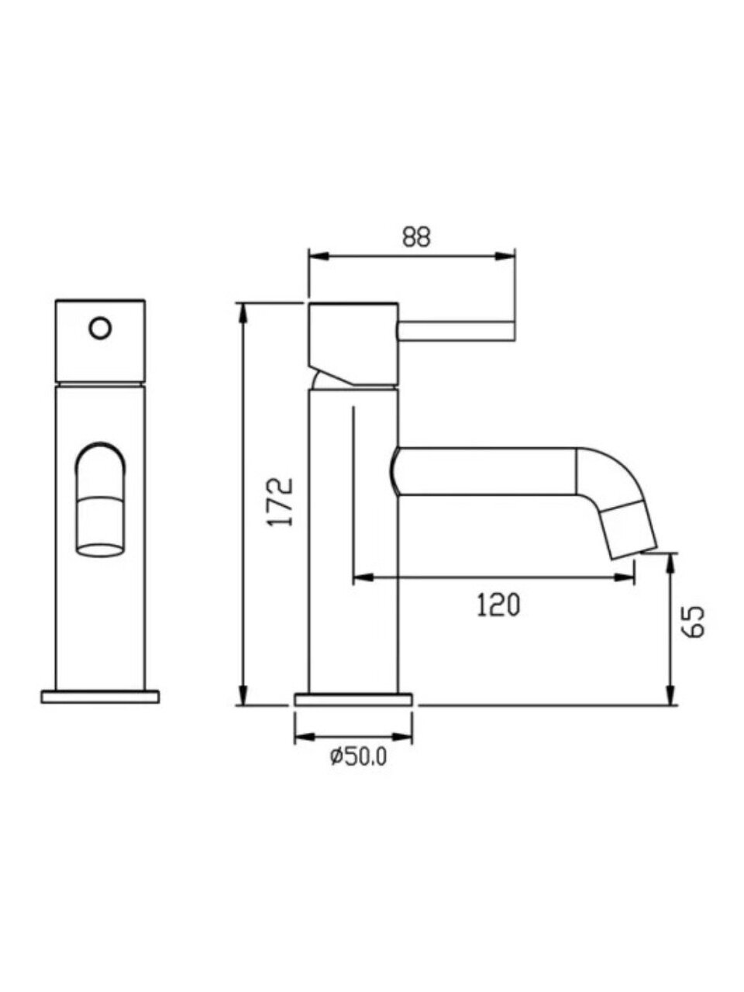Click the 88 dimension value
tap(416, 237)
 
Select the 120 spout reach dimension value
tap(498, 605)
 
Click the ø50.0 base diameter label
tap(359, 756)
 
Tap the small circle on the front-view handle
tap(100, 328)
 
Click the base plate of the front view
tap(100, 696)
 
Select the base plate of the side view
tap(353, 698)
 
